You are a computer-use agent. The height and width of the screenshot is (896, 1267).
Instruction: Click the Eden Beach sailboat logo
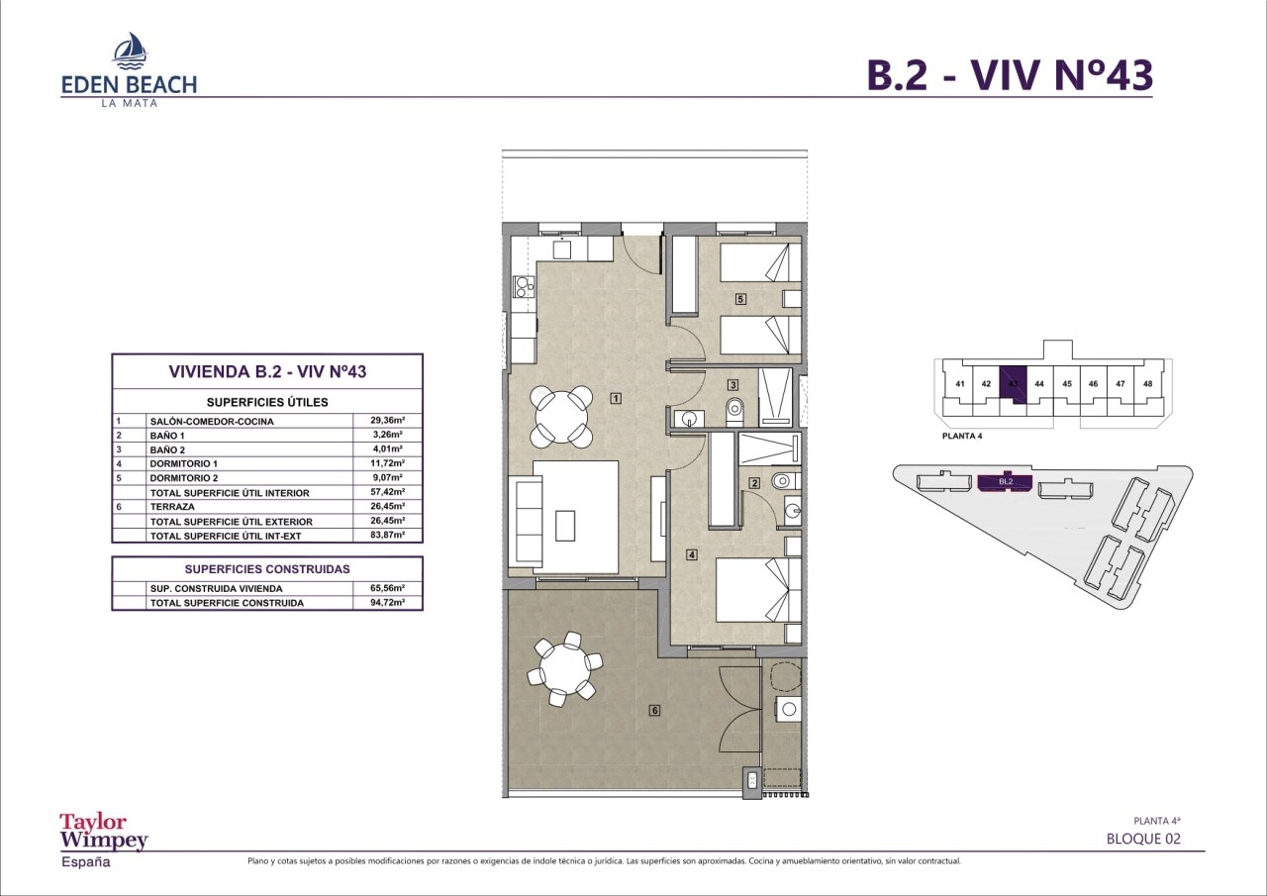(x=131, y=50)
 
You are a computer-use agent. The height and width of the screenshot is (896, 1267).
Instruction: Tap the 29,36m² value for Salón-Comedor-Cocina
(x=387, y=421)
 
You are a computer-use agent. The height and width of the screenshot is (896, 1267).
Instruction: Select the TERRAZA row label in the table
(x=172, y=507)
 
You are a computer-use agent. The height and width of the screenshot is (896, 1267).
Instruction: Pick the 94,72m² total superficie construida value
(x=387, y=602)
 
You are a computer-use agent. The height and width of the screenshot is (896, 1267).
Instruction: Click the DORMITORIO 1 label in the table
(x=184, y=463)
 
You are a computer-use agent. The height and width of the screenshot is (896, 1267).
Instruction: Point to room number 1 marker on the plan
(x=616, y=398)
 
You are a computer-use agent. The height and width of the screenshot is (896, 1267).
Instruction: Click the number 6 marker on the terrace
(x=654, y=710)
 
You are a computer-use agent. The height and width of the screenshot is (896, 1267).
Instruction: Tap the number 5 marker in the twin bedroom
(x=740, y=299)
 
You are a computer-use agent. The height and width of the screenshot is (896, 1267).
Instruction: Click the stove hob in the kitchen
(x=128, y=286)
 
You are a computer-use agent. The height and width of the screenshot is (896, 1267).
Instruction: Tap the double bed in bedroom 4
(x=758, y=590)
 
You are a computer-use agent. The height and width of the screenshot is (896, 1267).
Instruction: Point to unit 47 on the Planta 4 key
(x=1120, y=383)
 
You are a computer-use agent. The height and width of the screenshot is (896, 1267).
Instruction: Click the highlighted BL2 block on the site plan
(x=1005, y=482)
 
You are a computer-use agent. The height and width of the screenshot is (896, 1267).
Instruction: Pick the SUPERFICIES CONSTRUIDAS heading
(x=267, y=569)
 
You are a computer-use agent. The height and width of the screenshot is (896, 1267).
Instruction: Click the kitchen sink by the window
(x=561, y=249)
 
